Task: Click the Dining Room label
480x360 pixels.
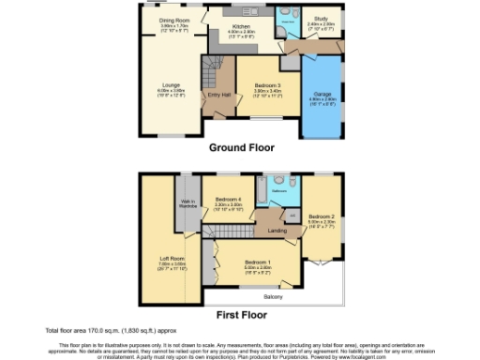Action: click(x=173, y=19)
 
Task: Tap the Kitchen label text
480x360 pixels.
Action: click(x=242, y=27)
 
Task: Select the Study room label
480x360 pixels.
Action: click(x=321, y=19)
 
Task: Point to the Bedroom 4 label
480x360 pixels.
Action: click(x=229, y=200)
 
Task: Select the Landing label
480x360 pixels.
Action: click(x=277, y=230)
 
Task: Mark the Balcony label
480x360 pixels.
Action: click(x=273, y=296)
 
